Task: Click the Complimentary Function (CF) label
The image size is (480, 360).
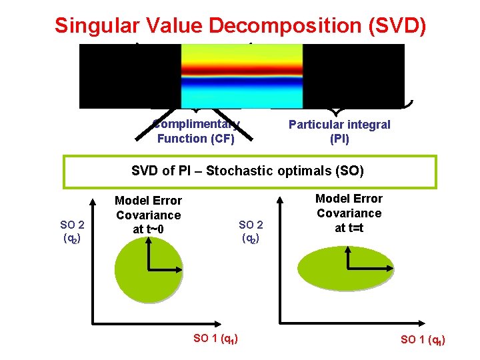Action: pyautogui.click(x=195, y=131)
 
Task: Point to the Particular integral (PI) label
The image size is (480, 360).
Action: pyautogui.click(x=339, y=131)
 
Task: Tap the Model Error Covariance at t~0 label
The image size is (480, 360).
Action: pyautogui.click(x=148, y=215)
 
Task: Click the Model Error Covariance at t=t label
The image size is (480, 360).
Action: pyautogui.click(x=349, y=213)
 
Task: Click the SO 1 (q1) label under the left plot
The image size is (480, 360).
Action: pyautogui.click(x=217, y=339)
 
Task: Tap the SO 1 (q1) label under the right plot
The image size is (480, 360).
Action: pyautogui.click(x=423, y=340)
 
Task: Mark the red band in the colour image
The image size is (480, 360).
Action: pyautogui.click(x=242, y=69)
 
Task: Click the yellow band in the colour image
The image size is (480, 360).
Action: pyautogui.click(x=242, y=53)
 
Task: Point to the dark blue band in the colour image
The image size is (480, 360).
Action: pyautogui.click(x=242, y=85)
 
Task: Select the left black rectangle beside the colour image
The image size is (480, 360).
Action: pyautogui.click(x=130, y=75)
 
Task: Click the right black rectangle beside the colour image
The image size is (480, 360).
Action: pyautogui.click(x=353, y=75)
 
